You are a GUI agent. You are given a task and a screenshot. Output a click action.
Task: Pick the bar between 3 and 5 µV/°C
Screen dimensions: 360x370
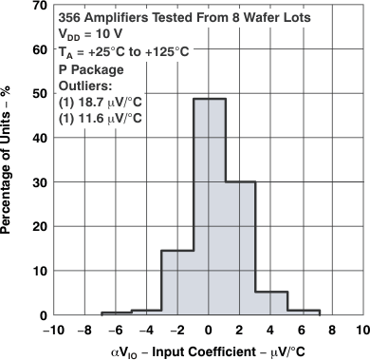(x=271, y=303)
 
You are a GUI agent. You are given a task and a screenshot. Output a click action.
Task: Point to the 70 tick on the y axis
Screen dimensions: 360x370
(x=38, y=6)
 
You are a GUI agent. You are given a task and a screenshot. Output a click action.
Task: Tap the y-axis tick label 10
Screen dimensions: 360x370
(x=38, y=271)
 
